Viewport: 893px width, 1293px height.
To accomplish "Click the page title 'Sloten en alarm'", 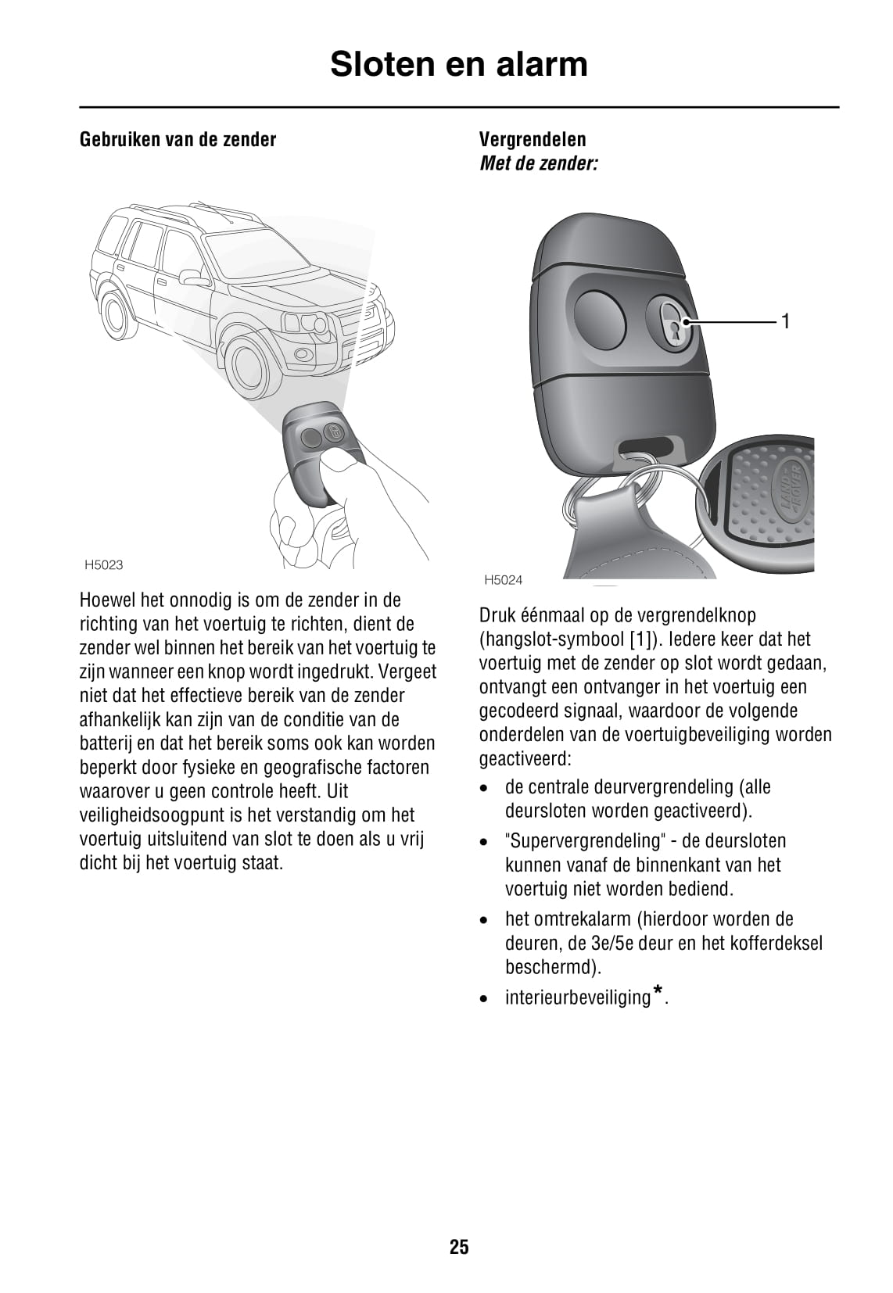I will coord(458,64).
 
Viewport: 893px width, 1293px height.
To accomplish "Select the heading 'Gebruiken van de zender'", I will coord(178,140).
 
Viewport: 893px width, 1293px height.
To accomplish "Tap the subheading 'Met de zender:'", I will coord(538,164).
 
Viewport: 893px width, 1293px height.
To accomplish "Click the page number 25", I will coord(459,1246).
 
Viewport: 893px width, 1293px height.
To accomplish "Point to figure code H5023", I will coord(103,565).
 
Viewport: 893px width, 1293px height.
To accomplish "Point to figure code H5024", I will coord(503,580).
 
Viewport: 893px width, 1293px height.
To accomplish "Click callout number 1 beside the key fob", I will coord(786,321).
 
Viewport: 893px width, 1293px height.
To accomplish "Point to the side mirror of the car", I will coord(192,278).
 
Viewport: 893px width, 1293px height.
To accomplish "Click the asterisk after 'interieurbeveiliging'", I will coord(658,992).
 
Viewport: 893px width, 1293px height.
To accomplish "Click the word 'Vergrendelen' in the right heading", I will coord(532,140).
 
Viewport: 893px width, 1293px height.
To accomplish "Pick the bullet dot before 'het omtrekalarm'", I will coord(486,920).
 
